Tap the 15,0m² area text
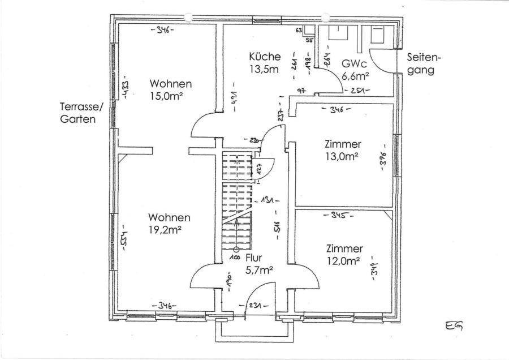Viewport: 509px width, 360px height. [x=166, y=97]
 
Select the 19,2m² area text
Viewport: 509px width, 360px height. [x=165, y=230]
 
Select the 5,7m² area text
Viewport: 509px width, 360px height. [x=260, y=270]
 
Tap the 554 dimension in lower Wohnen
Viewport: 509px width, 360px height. [x=124, y=241]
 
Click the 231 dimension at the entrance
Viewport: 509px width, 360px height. [x=255, y=306]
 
